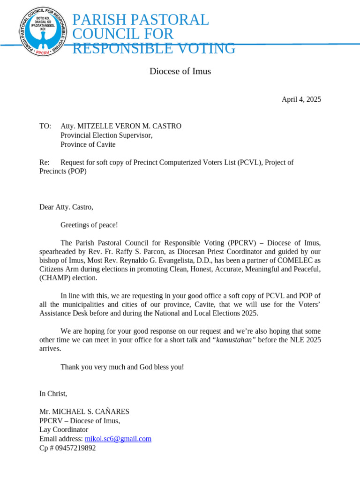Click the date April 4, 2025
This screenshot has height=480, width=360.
[x=301, y=99]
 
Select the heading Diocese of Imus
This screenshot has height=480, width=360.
[x=180, y=71]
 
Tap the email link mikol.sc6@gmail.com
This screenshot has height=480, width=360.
[x=118, y=439]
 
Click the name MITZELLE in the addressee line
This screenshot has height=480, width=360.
[x=93, y=126]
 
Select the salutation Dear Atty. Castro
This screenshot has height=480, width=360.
[x=66, y=207]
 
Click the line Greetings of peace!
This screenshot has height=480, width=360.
[x=89, y=225]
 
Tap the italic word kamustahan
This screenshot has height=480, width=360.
[x=236, y=340]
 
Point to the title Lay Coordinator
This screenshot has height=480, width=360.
[x=64, y=429]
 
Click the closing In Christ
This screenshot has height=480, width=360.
[x=53, y=393]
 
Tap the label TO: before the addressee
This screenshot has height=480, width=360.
[x=45, y=126]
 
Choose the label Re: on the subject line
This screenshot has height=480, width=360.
[x=45, y=163]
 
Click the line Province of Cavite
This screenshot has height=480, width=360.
[x=88, y=144]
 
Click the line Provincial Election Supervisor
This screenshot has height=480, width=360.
[x=106, y=135]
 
